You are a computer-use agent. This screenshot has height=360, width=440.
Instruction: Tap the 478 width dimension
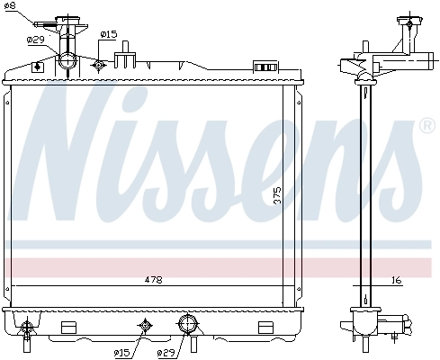[x=154, y=281]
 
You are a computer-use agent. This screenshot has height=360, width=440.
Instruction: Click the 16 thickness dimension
[x=397, y=281]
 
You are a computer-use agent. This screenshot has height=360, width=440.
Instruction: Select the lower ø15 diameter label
[x=123, y=352]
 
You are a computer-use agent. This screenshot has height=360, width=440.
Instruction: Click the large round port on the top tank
[x=68, y=62]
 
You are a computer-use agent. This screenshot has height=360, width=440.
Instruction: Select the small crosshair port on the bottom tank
[x=143, y=326]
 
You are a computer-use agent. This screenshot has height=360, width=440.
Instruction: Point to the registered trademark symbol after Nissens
[x=427, y=128]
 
